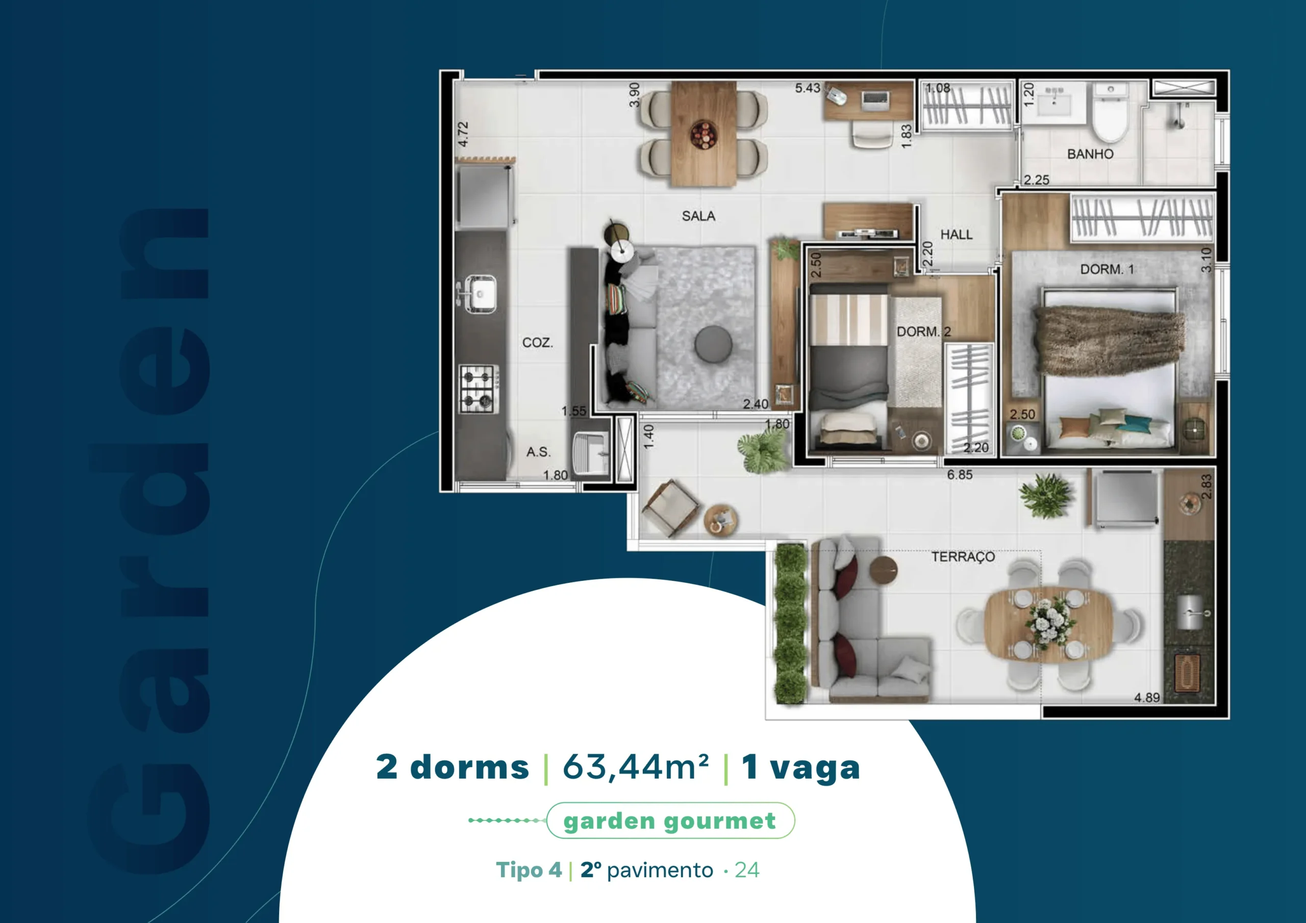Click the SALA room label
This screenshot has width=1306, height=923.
pos(698,216)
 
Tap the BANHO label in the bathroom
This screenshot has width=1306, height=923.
pos(1090,154)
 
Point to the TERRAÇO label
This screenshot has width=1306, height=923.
pos(963,557)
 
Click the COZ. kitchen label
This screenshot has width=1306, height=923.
pos(538,342)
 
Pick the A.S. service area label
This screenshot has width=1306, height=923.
pos(538,452)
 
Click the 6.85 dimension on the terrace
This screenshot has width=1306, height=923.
pos(960,474)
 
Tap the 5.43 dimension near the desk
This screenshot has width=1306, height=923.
pos(807,88)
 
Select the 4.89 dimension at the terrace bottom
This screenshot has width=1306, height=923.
pos(1147,697)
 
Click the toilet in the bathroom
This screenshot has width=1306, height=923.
pos(1110,113)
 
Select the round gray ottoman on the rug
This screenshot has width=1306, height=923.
pos(713,344)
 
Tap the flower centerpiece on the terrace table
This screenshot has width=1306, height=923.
pos(1050,622)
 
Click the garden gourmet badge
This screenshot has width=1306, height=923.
pos(670,821)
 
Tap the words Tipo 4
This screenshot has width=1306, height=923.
pos(529,870)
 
